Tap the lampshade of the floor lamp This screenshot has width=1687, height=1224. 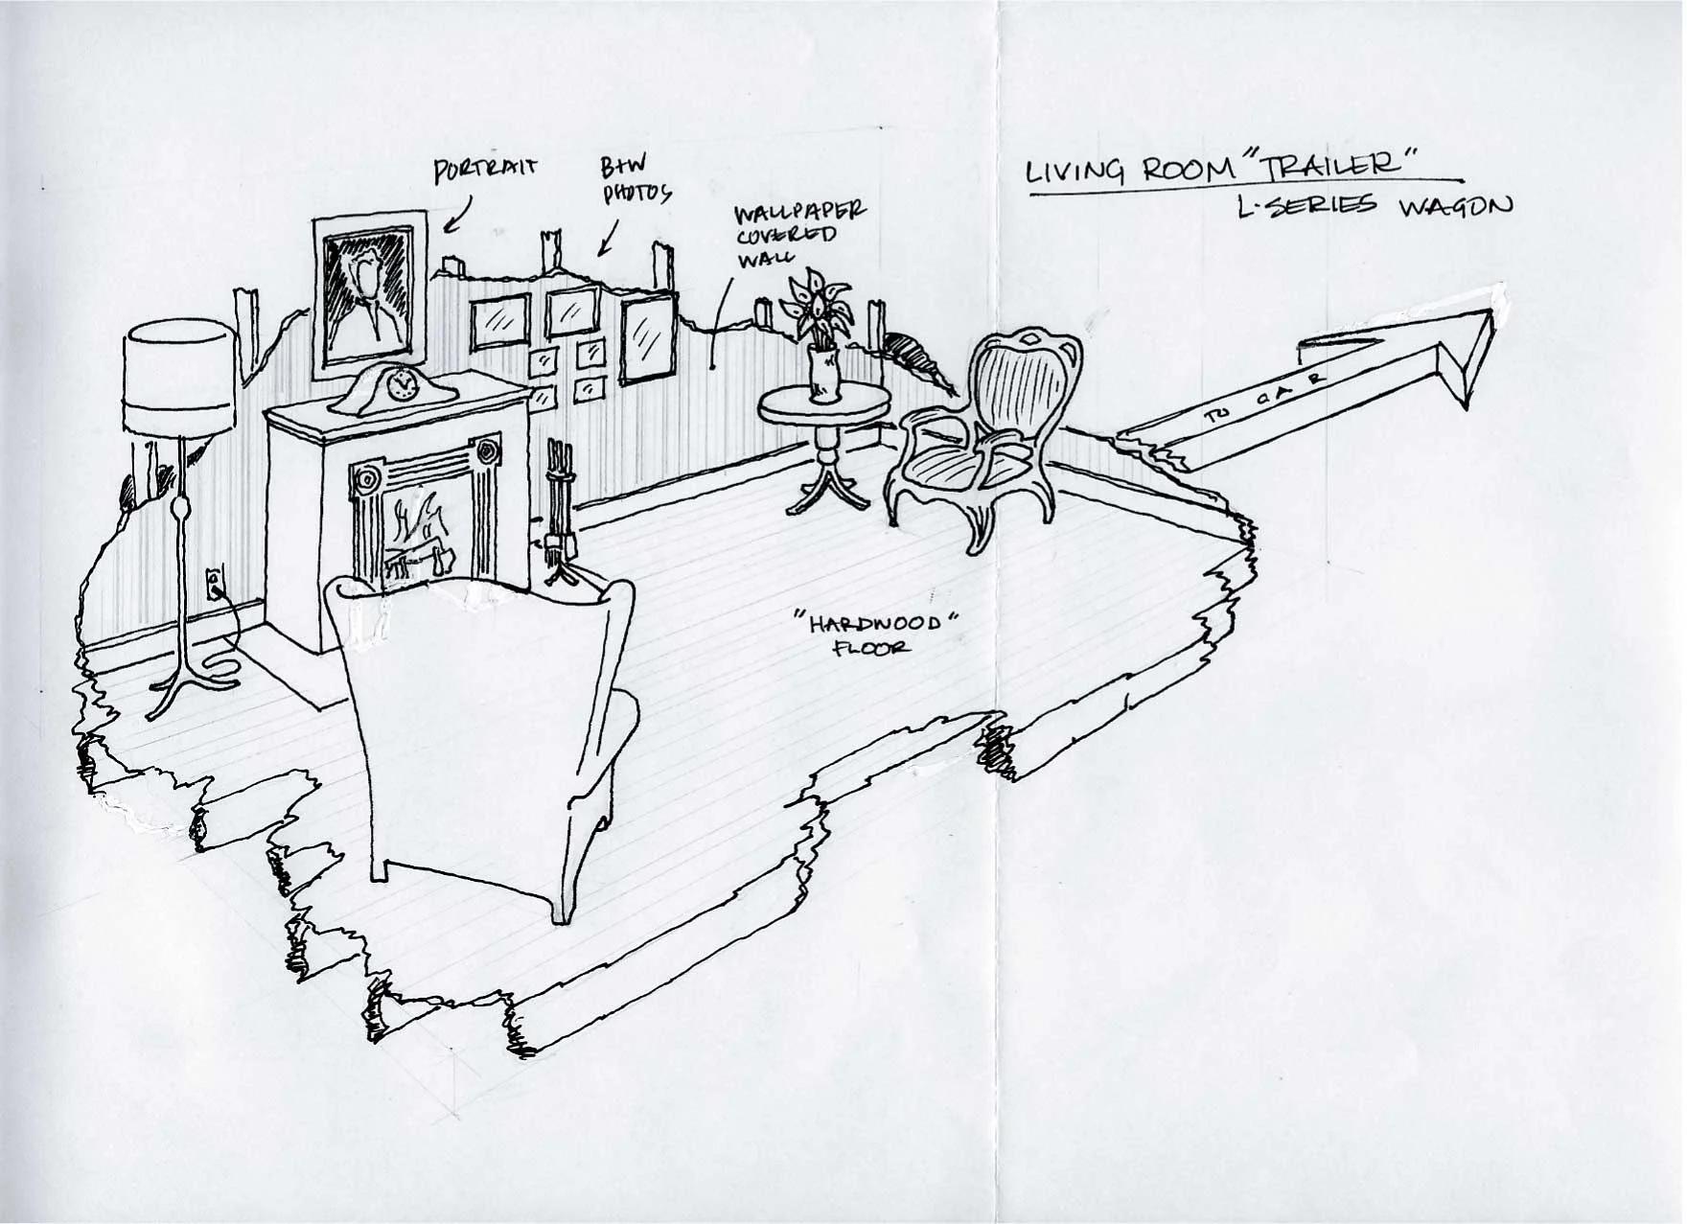pyautogui.click(x=179, y=380)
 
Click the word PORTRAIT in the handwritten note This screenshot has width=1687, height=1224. pyautogui.click(x=486, y=171)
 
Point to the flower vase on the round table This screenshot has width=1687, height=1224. pyautogui.click(x=821, y=374)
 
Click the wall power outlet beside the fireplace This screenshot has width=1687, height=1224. pyautogui.click(x=214, y=581)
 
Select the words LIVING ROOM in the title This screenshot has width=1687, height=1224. pyautogui.click(x=1121, y=170)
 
